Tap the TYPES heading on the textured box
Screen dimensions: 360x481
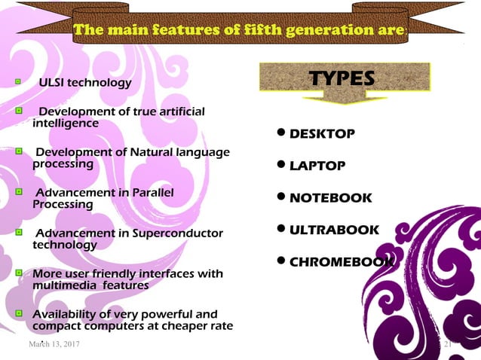pyautogui.click(x=343, y=78)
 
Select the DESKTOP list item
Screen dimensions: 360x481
pyautogui.click(x=322, y=134)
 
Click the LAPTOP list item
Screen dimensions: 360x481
pyautogui.click(x=317, y=166)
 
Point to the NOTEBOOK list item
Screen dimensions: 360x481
pyautogui.click(x=330, y=198)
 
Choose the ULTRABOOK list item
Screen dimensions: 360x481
pyautogui.click(x=334, y=230)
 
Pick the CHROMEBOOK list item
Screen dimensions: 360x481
pyautogui.click(x=341, y=262)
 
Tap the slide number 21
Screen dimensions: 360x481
pyautogui.click(x=446, y=344)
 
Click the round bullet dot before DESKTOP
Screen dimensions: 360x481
pyautogui.click(x=281, y=134)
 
